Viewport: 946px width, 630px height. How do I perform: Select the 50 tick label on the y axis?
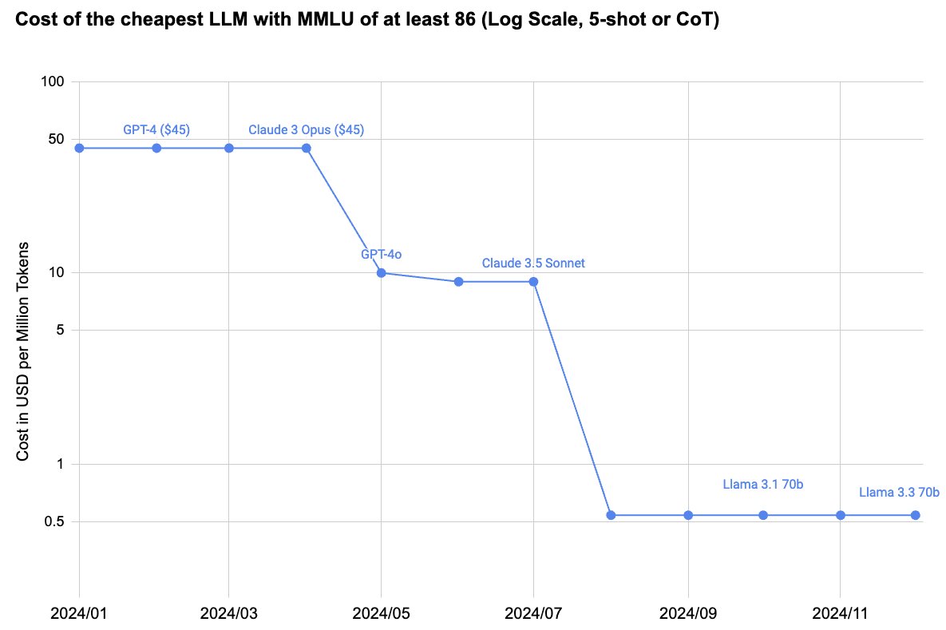pyautogui.click(x=56, y=139)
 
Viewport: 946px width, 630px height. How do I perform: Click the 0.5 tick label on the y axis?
pyautogui.click(x=53, y=522)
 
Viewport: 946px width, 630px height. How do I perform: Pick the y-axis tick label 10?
pyautogui.click(x=56, y=273)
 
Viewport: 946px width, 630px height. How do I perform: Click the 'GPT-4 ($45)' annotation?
pyautogui.click(x=156, y=129)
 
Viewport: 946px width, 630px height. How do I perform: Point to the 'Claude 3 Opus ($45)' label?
pyautogui.click(x=307, y=129)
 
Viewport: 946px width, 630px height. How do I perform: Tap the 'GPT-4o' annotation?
pyautogui.click(x=381, y=254)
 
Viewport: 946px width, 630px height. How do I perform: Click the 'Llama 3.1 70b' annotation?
pyautogui.click(x=762, y=483)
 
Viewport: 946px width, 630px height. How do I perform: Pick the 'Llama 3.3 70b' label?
pyautogui.click(x=899, y=492)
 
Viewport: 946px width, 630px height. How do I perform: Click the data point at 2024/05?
pyautogui.click(x=382, y=273)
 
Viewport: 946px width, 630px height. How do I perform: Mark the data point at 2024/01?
pyautogui.click(x=79, y=148)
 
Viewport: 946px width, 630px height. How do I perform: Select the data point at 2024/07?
pyautogui.click(x=533, y=282)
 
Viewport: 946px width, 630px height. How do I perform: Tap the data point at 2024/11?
pyautogui.click(x=841, y=515)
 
